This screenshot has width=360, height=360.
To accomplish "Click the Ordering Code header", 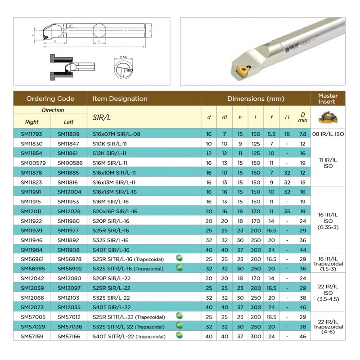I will [50, 99].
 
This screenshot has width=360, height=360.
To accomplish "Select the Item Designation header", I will [120, 99].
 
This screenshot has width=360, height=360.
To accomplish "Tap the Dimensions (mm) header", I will [256, 99].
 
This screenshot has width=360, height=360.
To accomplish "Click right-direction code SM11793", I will [31, 134].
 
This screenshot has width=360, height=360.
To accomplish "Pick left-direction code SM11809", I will [68, 134].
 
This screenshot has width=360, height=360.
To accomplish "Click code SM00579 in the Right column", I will [31, 162].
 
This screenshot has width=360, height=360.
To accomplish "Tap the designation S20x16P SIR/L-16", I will [115, 211].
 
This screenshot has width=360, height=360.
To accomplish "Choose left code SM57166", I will [68, 336].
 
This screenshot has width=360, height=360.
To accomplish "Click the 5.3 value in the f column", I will [271, 134].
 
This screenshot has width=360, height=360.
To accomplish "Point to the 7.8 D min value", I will [302, 134].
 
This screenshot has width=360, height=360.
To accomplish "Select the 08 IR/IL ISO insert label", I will [328, 134].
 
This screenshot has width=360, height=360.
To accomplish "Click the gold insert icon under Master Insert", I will [328, 118].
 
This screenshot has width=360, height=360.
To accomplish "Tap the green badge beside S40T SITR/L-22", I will [179, 336].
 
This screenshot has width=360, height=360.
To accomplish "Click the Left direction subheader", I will [68, 122].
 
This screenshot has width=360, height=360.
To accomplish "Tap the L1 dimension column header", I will [287, 118].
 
